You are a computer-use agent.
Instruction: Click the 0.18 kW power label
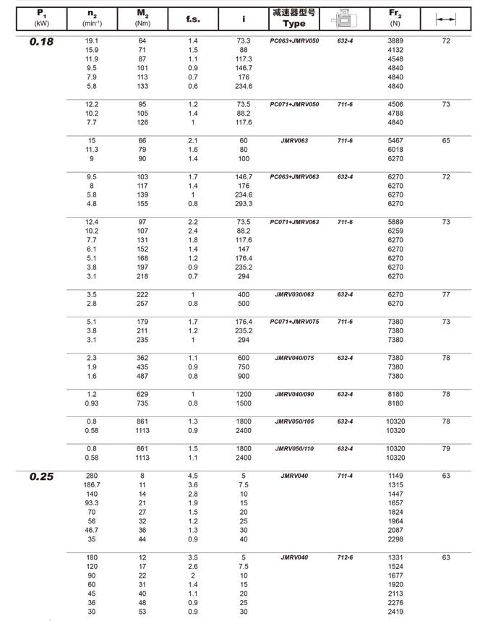pyautogui.click(x=41, y=42)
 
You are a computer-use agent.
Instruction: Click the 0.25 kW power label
pyautogui.click(x=41, y=476)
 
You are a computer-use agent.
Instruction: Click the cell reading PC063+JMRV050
pyautogui.click(x=293, y=41)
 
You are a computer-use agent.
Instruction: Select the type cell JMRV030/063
pyautogui.click(x=293, y=295)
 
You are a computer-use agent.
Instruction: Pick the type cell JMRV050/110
pyautogui.click(x=293, y=449)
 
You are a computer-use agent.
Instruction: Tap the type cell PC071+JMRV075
pyautogui.click(x=293, y=322)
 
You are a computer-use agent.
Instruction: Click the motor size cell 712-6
pyautogui.click(x=345, y=557)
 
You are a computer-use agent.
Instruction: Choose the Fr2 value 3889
pyautogui.click(x=395, y=41)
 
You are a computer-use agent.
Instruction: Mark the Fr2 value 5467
pyautogui.click(x=395, y=140)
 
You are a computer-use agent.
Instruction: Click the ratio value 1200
pyautogui.click(x=244, y=394)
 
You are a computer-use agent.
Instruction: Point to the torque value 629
pyautogui.click(x=142, y=394)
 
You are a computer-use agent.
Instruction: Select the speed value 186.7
pyautogui.click(x=92, y=485)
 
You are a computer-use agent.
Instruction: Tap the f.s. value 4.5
pyautogui.click(x=192, y=476)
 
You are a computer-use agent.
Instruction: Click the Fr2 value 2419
pyautogui.click(x=395, y=612)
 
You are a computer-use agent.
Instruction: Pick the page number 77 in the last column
pyautogui.click(x=445, y=295)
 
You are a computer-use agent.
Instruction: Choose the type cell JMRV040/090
pyautogui.click(x=293, y=394)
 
